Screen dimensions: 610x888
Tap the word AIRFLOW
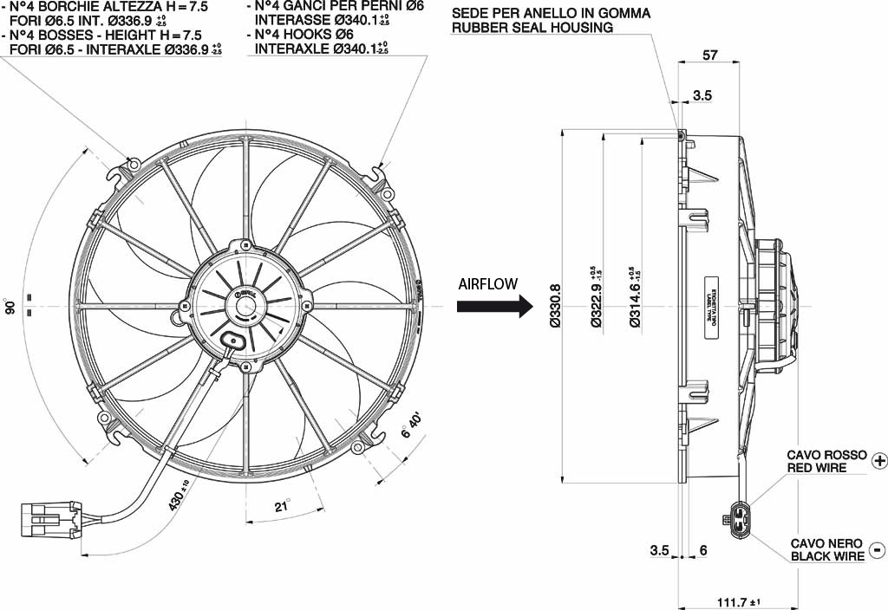click(487, 283)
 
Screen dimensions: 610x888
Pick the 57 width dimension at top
click(709, 56)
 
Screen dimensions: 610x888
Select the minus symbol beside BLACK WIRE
click(878, 549)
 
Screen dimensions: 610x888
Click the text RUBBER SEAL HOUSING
click(532, 27)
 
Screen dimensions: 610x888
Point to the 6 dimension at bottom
click(703, 550)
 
